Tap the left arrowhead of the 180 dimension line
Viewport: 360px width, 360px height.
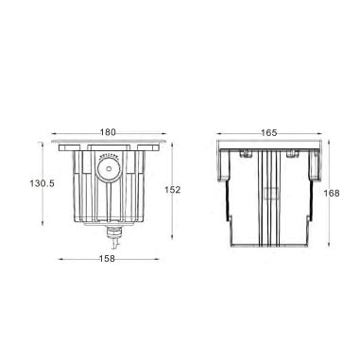click(x=57, y=140)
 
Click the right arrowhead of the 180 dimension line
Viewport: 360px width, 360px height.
click(x=168, y=140)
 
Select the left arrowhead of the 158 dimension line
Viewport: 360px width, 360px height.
click(x=61, y=258)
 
